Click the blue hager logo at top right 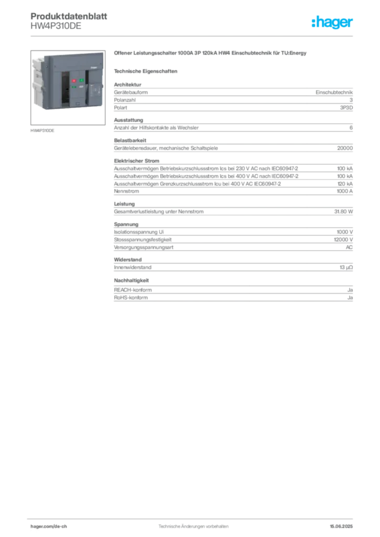[x=333, y=23]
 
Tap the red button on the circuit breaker [x=73, y=81]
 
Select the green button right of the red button [x=82, y=80]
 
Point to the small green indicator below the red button [x=74, y=88]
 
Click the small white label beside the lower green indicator [x=81, y=88]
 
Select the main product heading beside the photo [x=210, y=52]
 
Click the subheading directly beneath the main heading [x=147, y=70]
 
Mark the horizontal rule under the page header [x=193, y=36]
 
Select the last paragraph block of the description [x=233, y=292]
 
